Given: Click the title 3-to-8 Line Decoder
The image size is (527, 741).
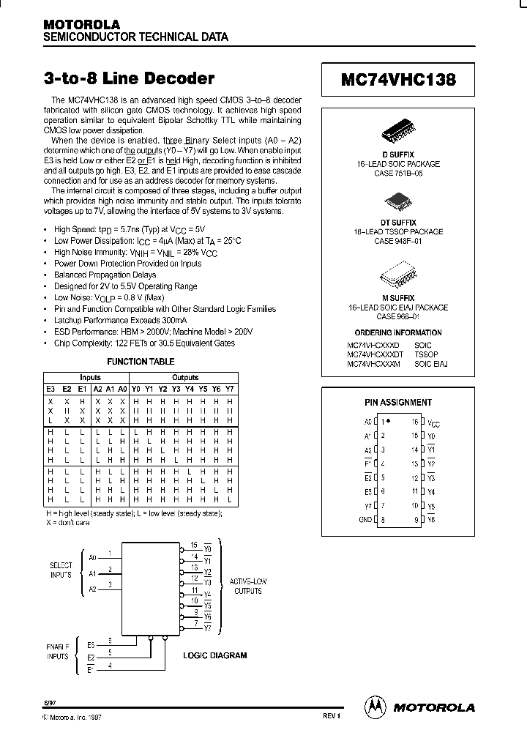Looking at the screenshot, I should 129,79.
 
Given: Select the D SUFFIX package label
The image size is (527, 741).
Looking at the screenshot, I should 398,154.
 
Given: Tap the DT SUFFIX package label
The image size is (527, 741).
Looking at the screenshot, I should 398,223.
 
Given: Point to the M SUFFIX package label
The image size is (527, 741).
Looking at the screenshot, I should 398,299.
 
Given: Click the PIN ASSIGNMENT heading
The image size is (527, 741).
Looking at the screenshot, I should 398,403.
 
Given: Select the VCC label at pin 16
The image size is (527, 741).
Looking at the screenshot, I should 433,423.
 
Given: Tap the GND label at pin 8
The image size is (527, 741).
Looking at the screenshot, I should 365,519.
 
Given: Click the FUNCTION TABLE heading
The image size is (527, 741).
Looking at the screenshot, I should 141,362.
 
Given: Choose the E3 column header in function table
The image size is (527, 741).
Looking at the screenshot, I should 51,388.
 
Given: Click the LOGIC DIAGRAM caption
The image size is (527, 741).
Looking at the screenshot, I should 214,656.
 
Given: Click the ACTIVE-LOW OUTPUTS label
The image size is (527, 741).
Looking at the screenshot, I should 248,586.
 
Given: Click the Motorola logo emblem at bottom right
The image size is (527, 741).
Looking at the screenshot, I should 375,707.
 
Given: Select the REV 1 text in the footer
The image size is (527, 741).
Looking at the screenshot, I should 332,716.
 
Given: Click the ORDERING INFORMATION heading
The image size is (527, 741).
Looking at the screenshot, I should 398,332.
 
